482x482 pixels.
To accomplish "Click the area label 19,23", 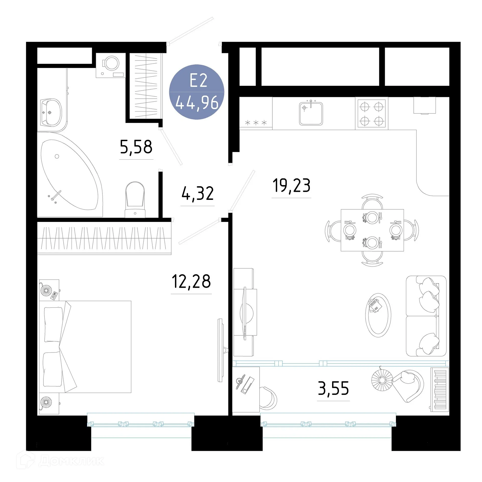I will [291, 186].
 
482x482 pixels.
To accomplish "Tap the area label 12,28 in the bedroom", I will [191, 281].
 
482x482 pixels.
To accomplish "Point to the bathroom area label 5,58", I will [136, 147].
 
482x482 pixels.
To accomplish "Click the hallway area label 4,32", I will [197, 194].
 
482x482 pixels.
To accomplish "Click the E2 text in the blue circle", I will [198, 81].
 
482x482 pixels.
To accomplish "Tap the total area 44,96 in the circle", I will [197, 102].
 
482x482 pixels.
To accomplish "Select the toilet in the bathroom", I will [135, 200].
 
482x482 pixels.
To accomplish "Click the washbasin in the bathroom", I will [51, 112].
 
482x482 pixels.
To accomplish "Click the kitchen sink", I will [311, 113].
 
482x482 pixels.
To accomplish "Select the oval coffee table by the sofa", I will [378, 315].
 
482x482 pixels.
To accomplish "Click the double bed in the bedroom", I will [85, 347].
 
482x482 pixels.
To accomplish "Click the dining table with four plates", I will [372, 230].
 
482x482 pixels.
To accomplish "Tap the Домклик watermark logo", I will [60, 461].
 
